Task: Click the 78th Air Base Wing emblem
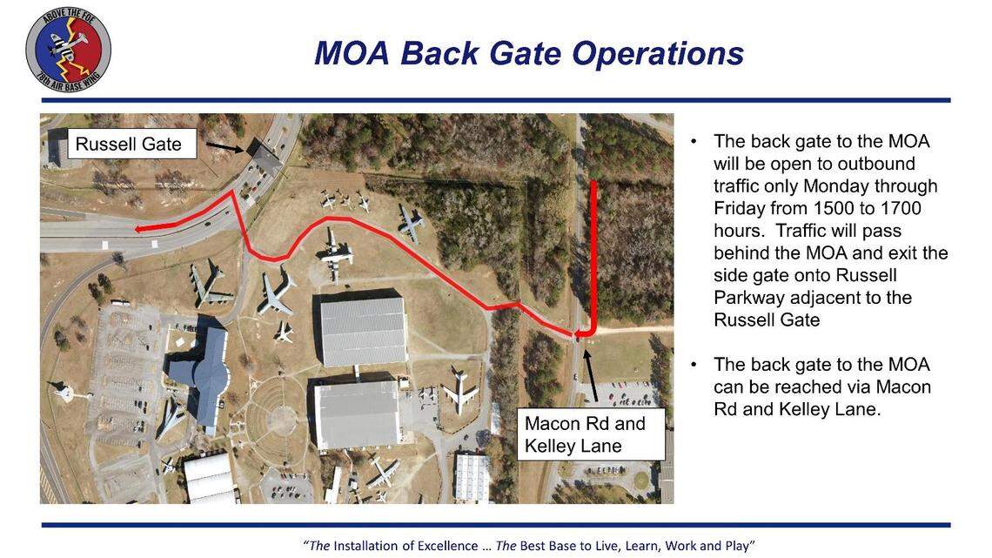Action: pos(69,50)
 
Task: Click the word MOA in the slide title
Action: pos(352,53)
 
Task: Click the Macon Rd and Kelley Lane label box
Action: pos(591,434)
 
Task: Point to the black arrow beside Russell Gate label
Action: pos(225,147)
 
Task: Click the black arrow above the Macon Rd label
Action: pos(590,375)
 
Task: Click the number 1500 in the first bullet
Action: pos(835,208)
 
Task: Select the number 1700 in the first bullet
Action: pos(898,208)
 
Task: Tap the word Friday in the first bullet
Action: pos(739,208)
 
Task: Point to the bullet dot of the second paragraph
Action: pos(694,365)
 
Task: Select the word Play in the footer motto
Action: pos(738,546)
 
